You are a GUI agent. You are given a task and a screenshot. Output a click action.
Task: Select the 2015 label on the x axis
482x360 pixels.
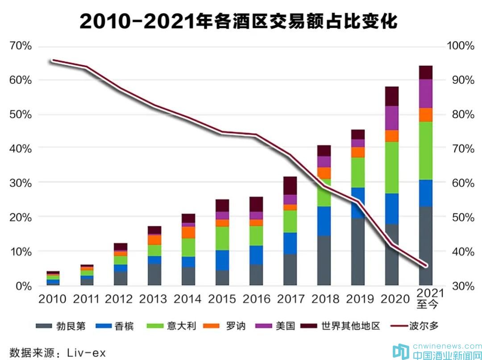(x=222, y=298)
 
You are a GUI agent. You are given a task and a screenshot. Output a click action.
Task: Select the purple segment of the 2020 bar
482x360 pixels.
(x=391, y=118)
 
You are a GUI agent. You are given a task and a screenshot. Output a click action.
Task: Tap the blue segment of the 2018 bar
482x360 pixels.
(x=324, y=221)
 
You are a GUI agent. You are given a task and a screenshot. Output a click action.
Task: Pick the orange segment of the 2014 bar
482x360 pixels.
(x=188, y=232)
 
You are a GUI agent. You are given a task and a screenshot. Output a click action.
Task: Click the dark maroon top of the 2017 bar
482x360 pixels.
(x=290, y=186)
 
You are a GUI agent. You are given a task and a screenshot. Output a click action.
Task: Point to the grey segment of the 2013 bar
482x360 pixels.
(x=154, y=274)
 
